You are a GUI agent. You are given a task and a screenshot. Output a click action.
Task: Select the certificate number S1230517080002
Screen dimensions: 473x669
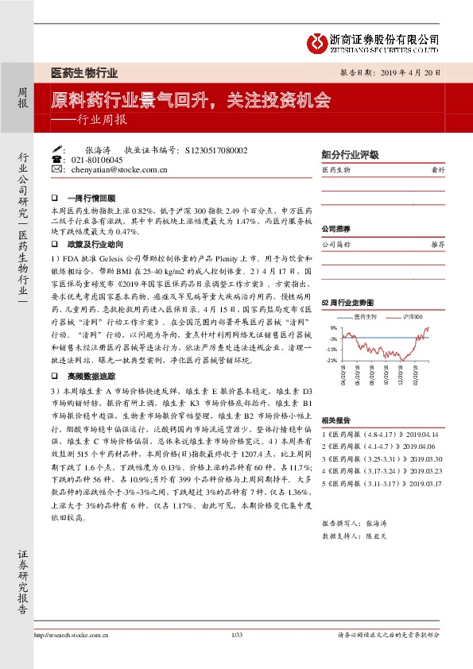click(215, 149)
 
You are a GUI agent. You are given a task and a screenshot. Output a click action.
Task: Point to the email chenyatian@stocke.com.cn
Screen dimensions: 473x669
click(119, 169)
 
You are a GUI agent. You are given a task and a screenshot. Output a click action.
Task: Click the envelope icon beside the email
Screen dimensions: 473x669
click(56, 169)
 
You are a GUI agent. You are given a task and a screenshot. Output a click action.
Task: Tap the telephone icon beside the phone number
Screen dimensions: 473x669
click(56, 159)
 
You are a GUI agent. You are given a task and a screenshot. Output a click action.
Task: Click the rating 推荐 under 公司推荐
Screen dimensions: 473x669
click(436, 245)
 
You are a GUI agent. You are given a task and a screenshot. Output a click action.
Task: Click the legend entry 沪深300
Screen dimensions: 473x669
click(412, 316)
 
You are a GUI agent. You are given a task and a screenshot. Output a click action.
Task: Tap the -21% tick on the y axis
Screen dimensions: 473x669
click(330, 361)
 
